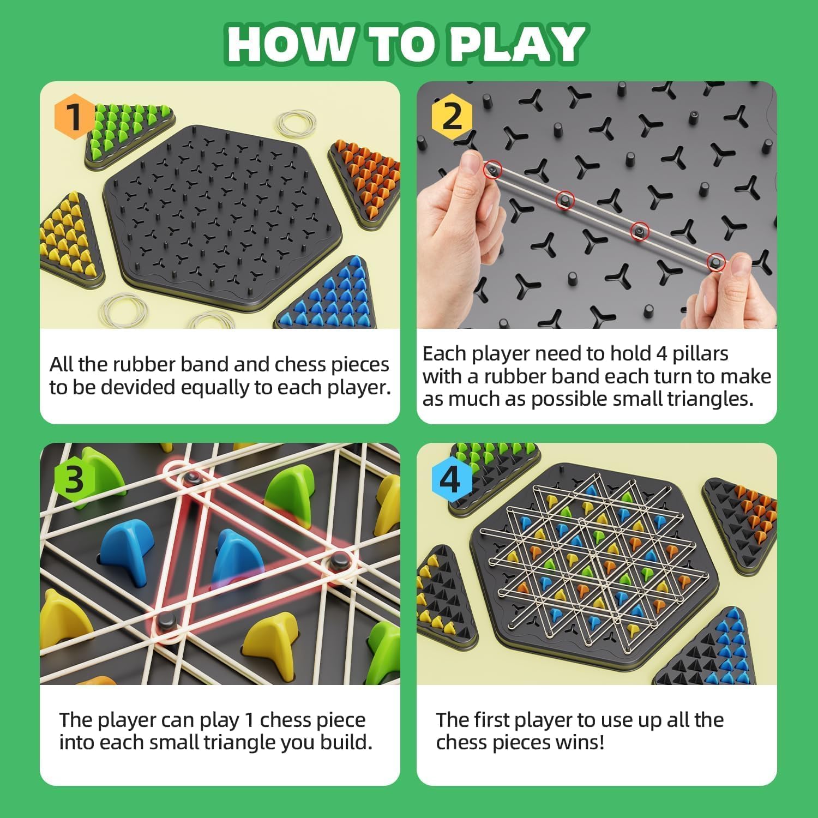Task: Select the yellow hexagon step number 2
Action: [452, 116]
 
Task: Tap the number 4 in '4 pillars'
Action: [661, 354]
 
